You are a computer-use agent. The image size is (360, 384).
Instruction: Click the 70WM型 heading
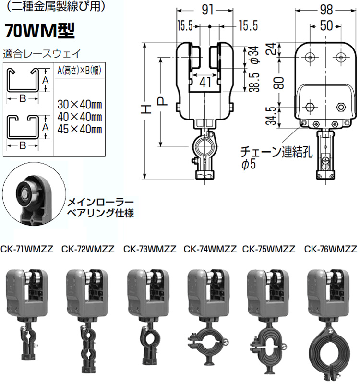[x=40, y=31]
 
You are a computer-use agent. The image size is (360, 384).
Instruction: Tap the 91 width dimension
[x=207, y=10]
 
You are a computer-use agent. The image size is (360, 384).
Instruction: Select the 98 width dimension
[x=326, y=10]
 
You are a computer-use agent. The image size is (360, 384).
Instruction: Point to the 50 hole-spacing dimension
[x=326, y=26]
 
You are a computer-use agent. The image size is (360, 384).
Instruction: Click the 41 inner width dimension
[x=205, y=82]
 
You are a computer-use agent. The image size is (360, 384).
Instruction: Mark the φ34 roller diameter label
[x=255, y=55]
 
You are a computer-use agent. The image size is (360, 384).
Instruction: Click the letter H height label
[x=146, y=109]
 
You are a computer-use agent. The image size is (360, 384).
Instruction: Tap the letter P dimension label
[x=162, y=101]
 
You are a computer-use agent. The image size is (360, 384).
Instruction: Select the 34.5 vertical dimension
[x=272, y=116]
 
